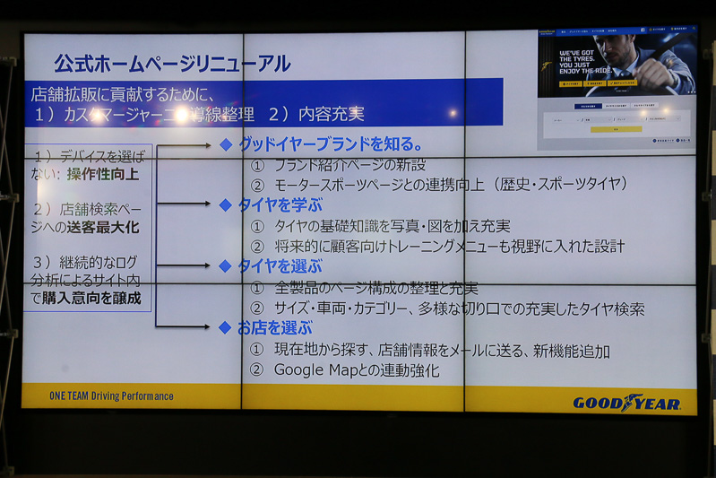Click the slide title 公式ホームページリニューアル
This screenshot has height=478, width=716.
(172, 64)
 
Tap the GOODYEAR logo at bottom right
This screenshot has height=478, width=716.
(626, 403)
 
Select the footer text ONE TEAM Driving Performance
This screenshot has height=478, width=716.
(112, 395)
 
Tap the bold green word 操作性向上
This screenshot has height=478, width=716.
(103, 175)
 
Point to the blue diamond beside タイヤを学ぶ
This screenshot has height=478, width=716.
(226, 205)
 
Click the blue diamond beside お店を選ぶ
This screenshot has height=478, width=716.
(226, 328)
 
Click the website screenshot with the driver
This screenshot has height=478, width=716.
(617, 89)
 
